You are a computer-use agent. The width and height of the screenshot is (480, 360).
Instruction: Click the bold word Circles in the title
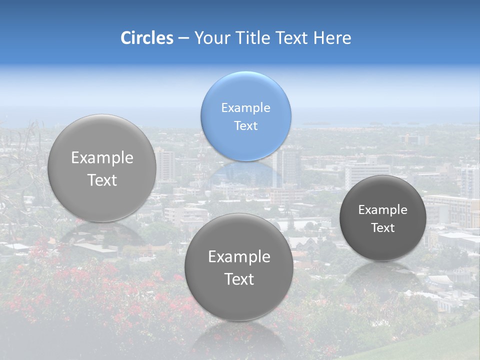[146, 38]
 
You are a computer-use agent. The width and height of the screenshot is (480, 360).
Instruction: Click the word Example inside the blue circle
[245, 107]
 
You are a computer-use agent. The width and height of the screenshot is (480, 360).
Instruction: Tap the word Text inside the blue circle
[245, 125]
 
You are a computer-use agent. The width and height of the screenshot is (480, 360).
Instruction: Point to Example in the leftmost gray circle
[102, 158]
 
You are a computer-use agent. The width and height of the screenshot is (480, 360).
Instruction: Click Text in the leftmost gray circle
[102, 180]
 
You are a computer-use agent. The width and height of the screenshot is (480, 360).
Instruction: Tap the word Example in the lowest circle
[239, 257]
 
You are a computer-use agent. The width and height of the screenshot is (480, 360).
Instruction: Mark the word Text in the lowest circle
[239, 279]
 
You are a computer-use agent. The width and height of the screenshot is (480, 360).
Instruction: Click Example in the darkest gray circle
[383, 210]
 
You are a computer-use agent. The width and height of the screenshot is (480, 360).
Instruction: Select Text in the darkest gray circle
[383, 228]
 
